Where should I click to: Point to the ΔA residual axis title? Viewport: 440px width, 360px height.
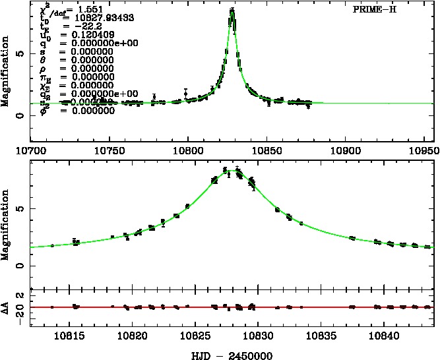tap(6, 307)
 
